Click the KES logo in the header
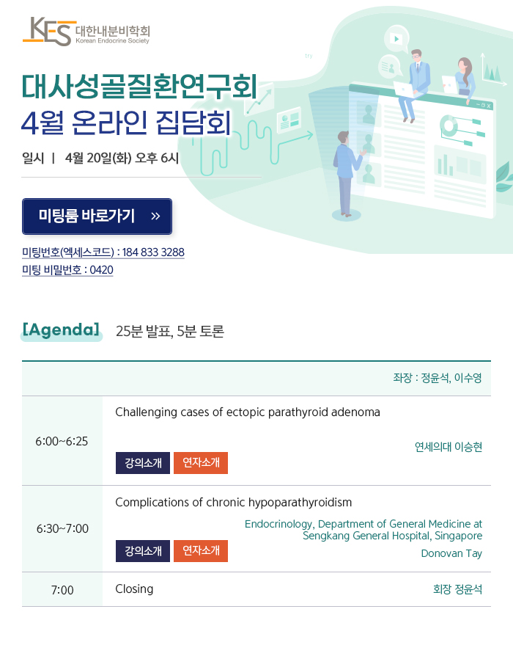pyautogui.click(x=86, y=32)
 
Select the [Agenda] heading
pyautogui.click(x=62, y=330)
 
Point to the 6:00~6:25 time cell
pyautogui.click(x=62, y=441)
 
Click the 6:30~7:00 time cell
pyautogui.click(x=62, y=528)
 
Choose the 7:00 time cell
pyautogui.click(x=62, y=590)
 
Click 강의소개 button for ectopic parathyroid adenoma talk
pyautogui.click(x=143, y=463)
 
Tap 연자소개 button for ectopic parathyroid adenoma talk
pyautogui.click(x=201, y=463)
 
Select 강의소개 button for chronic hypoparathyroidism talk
pyautogui.click(x=143, y=550)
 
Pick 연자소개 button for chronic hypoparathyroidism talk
pyautogui.click(x=201, y=550)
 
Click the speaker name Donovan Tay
pyautogui.click(x=451, y=553)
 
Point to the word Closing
pyautogui.click(x=134, y=589)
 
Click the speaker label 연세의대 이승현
pyautogui.click(x=449, y=447)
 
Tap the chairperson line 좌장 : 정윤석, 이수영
pyautogui.click(x=438, y=378)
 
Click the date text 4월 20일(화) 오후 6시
pyautogui.click(x=122, y=158)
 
